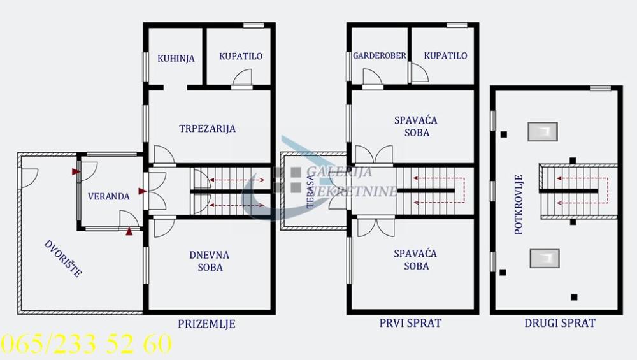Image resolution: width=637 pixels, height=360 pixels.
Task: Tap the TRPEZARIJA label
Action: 208,128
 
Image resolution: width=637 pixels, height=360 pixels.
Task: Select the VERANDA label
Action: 109,196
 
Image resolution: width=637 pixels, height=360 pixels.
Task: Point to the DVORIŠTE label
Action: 62,257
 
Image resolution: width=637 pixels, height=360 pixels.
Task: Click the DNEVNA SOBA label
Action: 210,261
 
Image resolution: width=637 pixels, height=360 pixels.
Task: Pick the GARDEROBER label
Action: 380,55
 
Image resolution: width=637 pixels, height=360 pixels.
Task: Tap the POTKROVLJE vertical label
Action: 519,204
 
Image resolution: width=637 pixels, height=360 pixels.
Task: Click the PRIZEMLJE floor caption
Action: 208,324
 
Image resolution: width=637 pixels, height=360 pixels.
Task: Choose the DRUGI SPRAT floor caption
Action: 560,323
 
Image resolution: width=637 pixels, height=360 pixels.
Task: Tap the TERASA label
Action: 310,191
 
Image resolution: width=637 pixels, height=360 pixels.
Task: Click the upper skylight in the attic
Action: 542,131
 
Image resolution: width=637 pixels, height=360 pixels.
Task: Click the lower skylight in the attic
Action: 543,258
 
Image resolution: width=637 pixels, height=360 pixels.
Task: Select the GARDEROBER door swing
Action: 372,77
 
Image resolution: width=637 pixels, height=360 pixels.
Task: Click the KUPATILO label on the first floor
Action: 445,55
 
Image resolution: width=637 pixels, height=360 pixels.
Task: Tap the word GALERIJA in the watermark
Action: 340,171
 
